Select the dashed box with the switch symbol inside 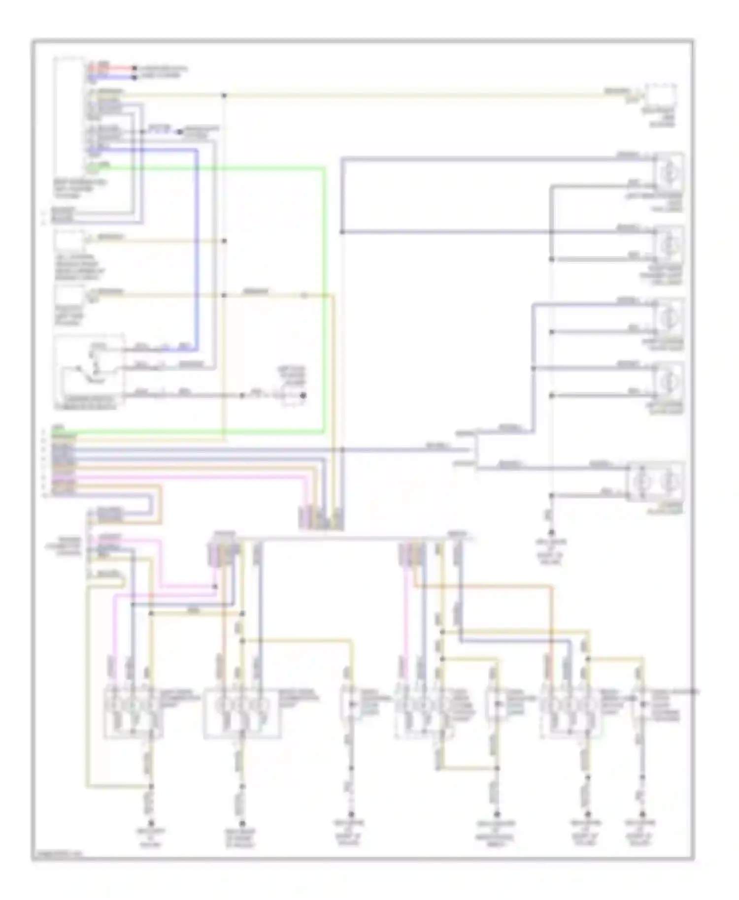point(89,372)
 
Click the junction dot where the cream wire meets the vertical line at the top point(224,95)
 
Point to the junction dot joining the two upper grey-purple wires point(342,232)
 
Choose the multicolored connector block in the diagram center point(321,518)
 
